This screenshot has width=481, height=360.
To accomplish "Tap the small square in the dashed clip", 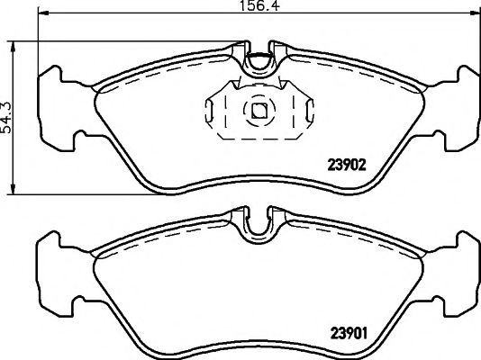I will click(x=259, y=111).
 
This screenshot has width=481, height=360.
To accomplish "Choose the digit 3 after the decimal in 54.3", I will click(x=8, y=102).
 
